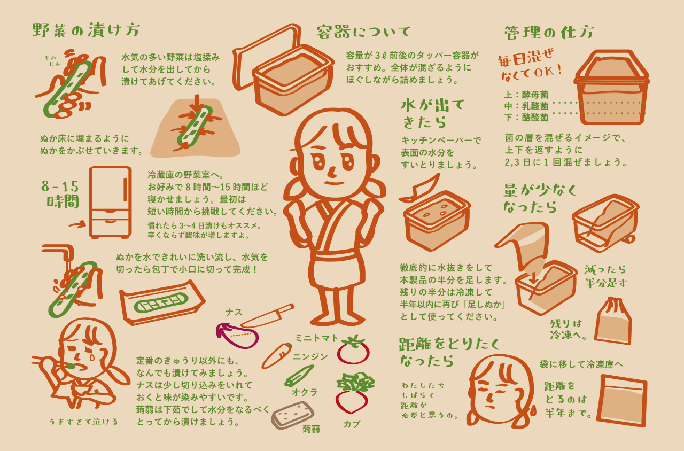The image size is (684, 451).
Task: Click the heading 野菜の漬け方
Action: pos(86,30)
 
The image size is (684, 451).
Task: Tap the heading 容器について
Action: pos(363,32)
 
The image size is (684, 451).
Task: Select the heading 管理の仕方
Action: pos(549,33)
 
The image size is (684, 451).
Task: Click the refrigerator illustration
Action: pos(110,202)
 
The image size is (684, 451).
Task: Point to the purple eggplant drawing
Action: pos(237,336)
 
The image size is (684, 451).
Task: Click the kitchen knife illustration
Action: pos(268,316)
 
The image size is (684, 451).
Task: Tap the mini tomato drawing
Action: pos(353,349)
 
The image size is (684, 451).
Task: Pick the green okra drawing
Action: pos(299,376)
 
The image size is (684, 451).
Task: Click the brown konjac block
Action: pos(293,415)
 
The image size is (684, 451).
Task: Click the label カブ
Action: pos(352,424)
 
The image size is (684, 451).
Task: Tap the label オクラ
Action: pos(305,392)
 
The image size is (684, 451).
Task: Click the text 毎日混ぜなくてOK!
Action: pos(529,65)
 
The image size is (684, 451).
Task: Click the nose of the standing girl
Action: pos(332,172)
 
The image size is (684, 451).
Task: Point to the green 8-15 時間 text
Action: pos(60,194)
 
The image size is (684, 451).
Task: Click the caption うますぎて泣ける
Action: pos(83,422)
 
